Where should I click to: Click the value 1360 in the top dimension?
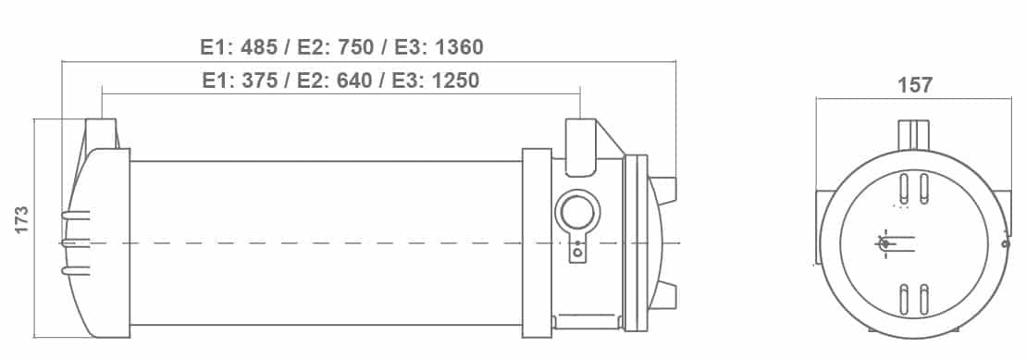(459, 47)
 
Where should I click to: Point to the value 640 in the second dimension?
(353, 81)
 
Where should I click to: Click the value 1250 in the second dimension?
(455, 81)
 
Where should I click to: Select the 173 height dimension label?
(21, 220)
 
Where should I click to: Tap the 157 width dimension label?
(914, 86)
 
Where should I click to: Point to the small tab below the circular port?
(577, 250)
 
